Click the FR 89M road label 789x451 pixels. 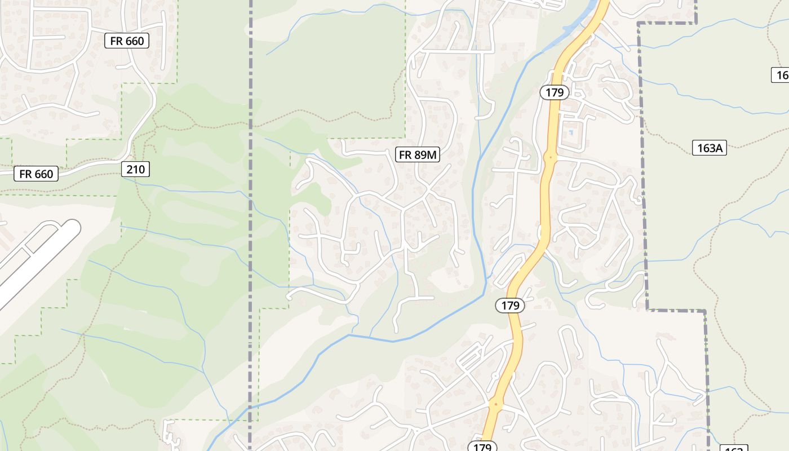tap(418, 154)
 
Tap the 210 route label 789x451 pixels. tap(135, 169)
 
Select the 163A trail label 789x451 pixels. tap(709, 148)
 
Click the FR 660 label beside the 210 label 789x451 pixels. tap(36, 174)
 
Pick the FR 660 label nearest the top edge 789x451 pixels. tap(127, 41)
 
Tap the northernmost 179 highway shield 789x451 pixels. tap(555, 92)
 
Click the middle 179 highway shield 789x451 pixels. tap(510, 306)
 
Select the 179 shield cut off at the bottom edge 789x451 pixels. tap(482, 446)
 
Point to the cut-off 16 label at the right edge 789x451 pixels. tap(781, 75)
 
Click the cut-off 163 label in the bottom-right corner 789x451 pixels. tap(733, 448)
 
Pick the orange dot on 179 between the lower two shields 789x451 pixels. tap(495, 404)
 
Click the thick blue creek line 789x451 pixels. tap(394, 341)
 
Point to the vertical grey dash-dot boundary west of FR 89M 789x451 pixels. tap(251, 225)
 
